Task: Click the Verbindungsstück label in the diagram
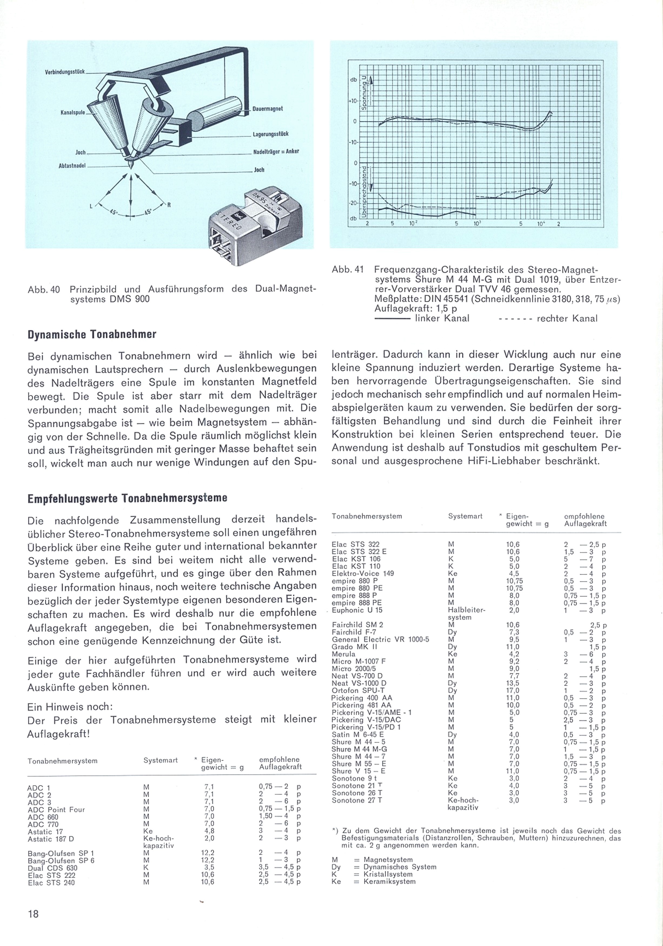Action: (x=65, y=72)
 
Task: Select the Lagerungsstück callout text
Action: (x=270, y=134)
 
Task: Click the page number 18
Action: (x=33, y=914)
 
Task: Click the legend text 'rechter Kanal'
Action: (x=567, y=318)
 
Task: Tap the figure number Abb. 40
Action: (x=44, y=290)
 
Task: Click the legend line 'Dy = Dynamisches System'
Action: (x=384, y=867)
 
